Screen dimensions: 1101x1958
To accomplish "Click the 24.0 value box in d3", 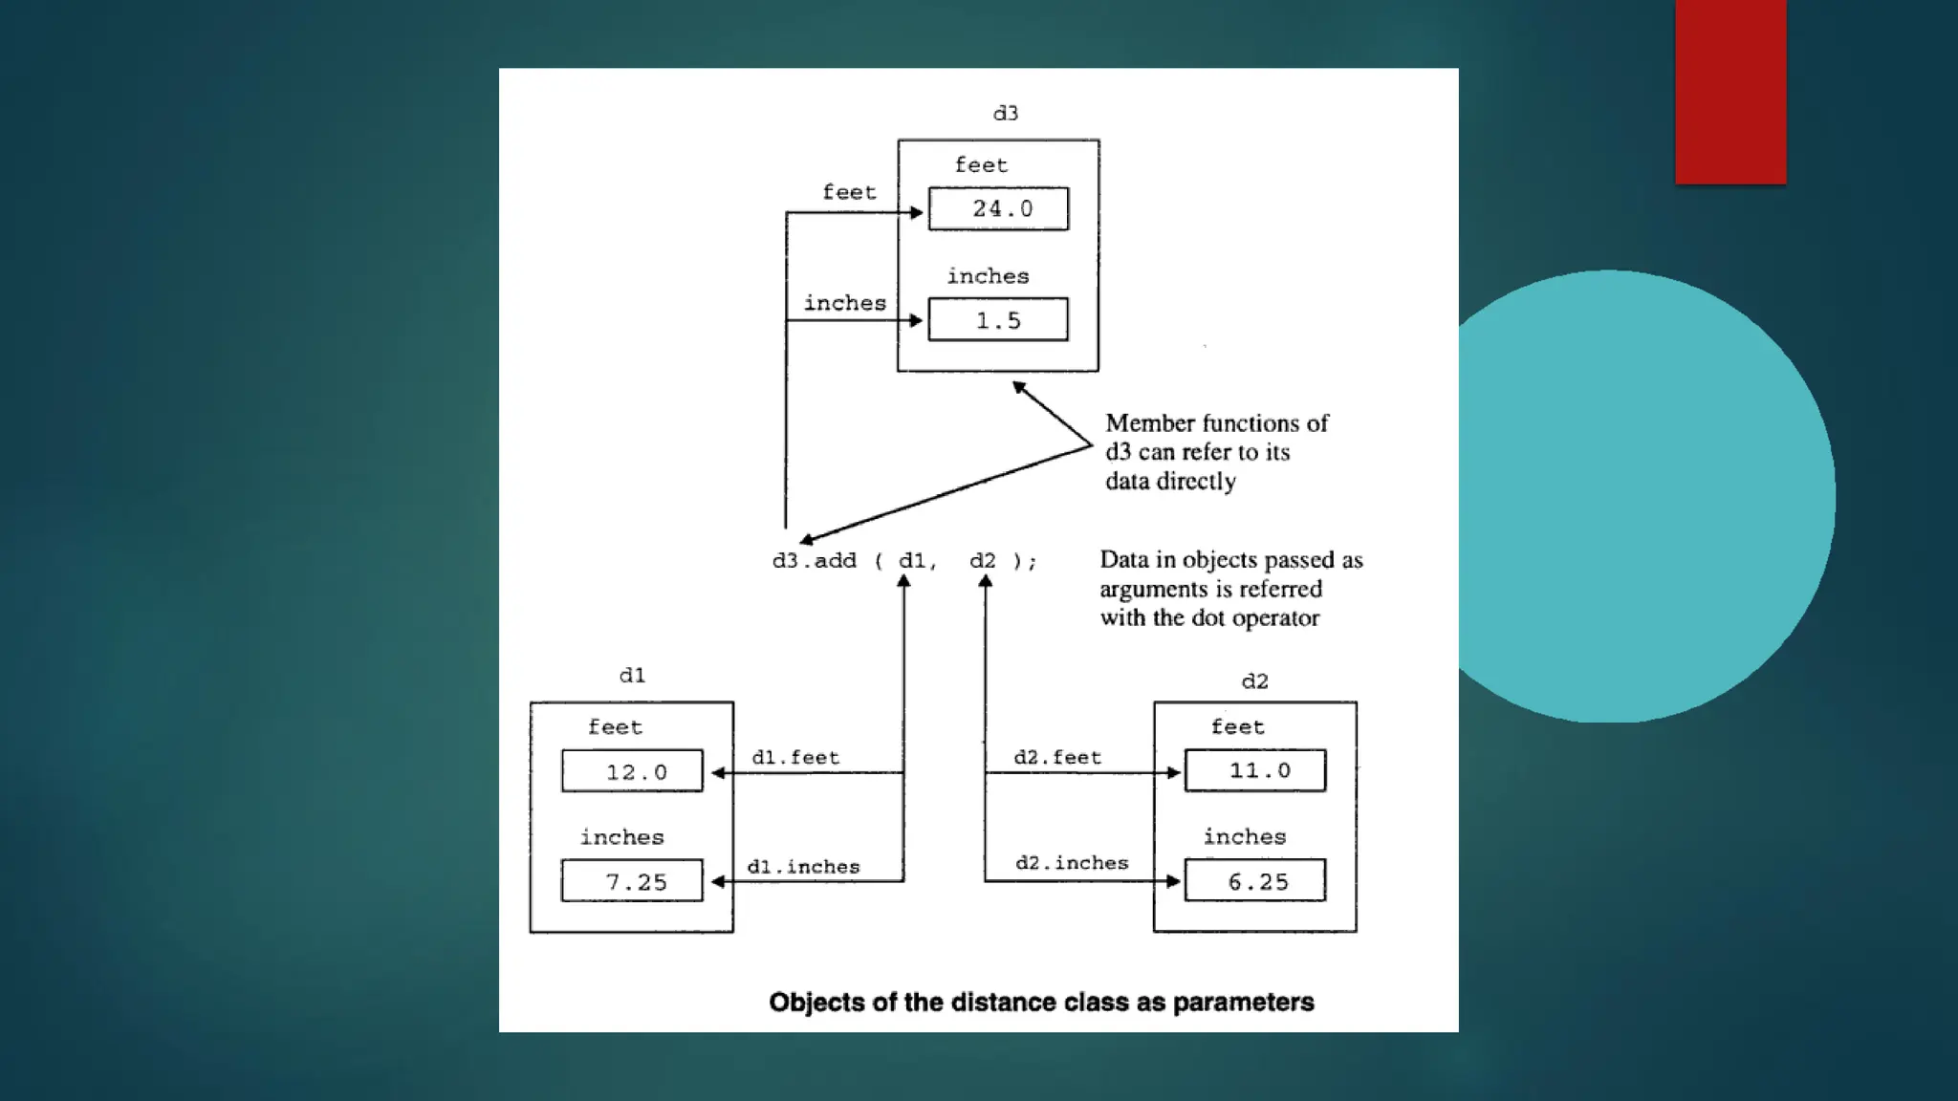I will pyautogui.click(x=998, y=208).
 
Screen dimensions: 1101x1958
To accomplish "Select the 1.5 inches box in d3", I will pyautogui.click(x=998, y=320).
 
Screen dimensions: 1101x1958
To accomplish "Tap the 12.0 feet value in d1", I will pyautogui.click(x=632, y=771).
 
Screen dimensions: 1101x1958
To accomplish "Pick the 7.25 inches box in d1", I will pyautogui.click(x=632, y=881).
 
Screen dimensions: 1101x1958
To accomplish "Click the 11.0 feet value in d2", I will pyautogui.click(x=1255, y=770).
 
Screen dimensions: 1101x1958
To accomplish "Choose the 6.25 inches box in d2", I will pyautogui.click(x=1255, y=881).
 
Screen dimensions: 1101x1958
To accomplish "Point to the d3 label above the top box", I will pyautogui.click(x=1006, y=114).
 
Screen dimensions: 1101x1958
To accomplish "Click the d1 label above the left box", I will pyautogui.click(x=632, y=676).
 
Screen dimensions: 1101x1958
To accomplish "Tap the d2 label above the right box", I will pyautogui.click(x=1254, y=681).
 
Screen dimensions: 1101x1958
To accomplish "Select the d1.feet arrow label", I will pyautogui.click(x=795, y=758).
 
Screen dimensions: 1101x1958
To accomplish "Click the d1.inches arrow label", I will pyautogui.click(x=803, y=867).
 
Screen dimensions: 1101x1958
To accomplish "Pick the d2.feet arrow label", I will pyautogui.click(x=1057, y=758).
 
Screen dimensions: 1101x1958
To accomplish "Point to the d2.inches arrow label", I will pyautogui.click(x=1072, y=863).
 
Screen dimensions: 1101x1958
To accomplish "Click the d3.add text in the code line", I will pyautogui.click(x=815, y=561).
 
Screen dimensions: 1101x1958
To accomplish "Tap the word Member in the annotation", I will pyautogui.click(x=1149, y=423).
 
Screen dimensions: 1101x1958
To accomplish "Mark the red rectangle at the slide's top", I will pyautogui.click(x=1730, y=91).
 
